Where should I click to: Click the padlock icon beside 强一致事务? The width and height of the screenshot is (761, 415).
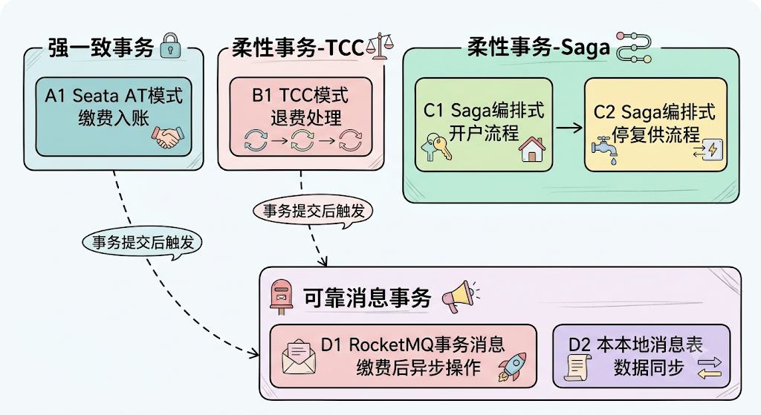click(170, 45)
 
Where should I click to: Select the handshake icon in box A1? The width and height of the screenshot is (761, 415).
click(167, 137)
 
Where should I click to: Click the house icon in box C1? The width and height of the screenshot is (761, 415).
click(532, 148)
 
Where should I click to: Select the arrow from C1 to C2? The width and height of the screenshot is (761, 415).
click(569, 128)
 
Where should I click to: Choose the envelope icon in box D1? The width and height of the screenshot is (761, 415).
click(299, 358)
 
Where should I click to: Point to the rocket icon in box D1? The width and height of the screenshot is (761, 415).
click(512, 367)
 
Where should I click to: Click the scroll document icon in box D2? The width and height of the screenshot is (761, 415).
click(577, 367)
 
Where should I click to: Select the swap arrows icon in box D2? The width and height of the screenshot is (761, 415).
click(710, 368)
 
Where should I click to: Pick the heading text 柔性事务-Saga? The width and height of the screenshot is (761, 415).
click(539, 48)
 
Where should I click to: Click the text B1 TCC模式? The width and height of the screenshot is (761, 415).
click(300, 95)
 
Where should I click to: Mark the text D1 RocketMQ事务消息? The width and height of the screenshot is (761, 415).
click(412, 344)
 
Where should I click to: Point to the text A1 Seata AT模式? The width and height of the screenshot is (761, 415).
click(114, 96)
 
